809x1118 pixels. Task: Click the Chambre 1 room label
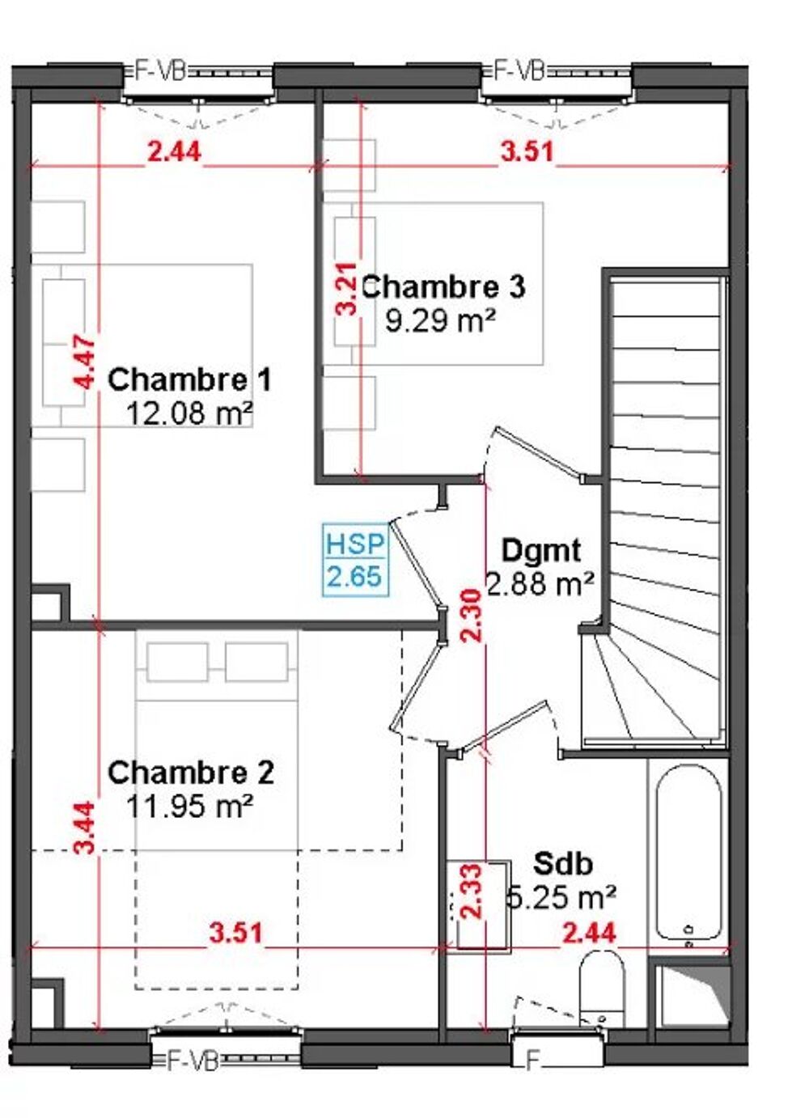click(x=189, y=379)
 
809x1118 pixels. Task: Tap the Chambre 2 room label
click(x=190, y=773)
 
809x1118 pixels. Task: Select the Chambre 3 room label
click(x=443, y=286)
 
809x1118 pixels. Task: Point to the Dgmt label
click(x=540, y=550)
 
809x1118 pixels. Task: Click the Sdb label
click(x=562, y=863)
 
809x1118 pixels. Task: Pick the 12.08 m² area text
click(x=189, y=413)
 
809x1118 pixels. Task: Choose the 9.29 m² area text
click(x=440, y=320)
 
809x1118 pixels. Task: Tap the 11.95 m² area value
click(x=190, y=806)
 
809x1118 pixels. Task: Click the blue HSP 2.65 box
click(x=355, y=560)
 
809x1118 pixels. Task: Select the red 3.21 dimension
click(x=347, y=289)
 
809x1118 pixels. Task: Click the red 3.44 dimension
click(x=85, y=827)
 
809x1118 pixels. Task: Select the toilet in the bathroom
click(x=603, y=987)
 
